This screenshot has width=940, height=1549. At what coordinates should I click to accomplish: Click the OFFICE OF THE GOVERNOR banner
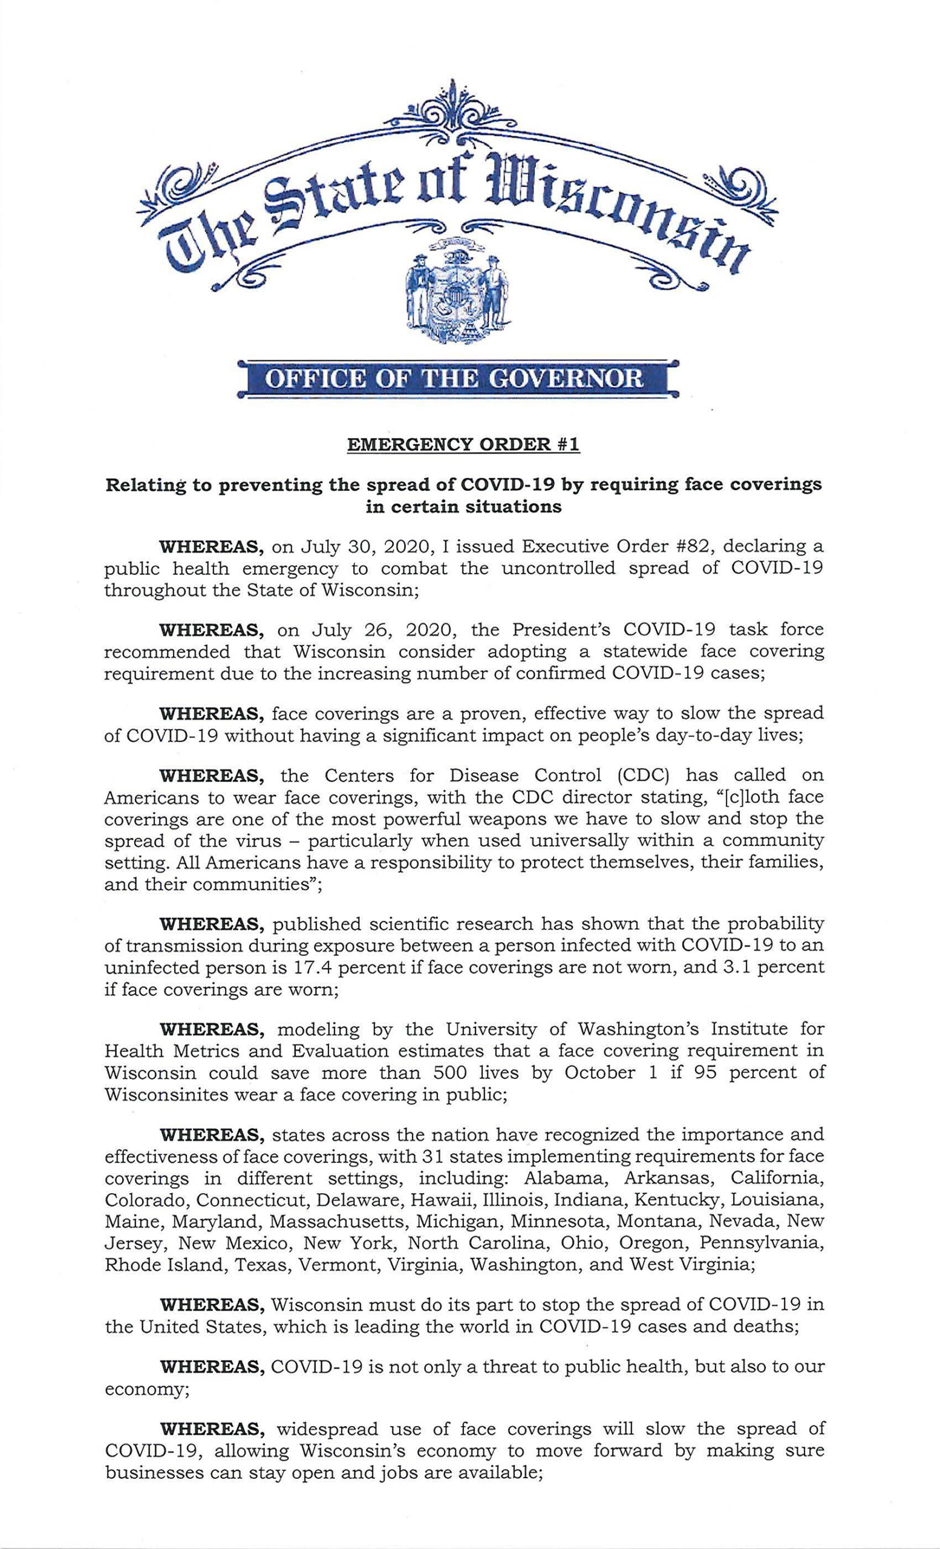(x=457, y=378)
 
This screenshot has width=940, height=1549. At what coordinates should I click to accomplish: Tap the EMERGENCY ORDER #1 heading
(x=463, y=445)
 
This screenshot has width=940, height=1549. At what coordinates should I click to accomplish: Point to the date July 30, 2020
(x=348, y=545)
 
